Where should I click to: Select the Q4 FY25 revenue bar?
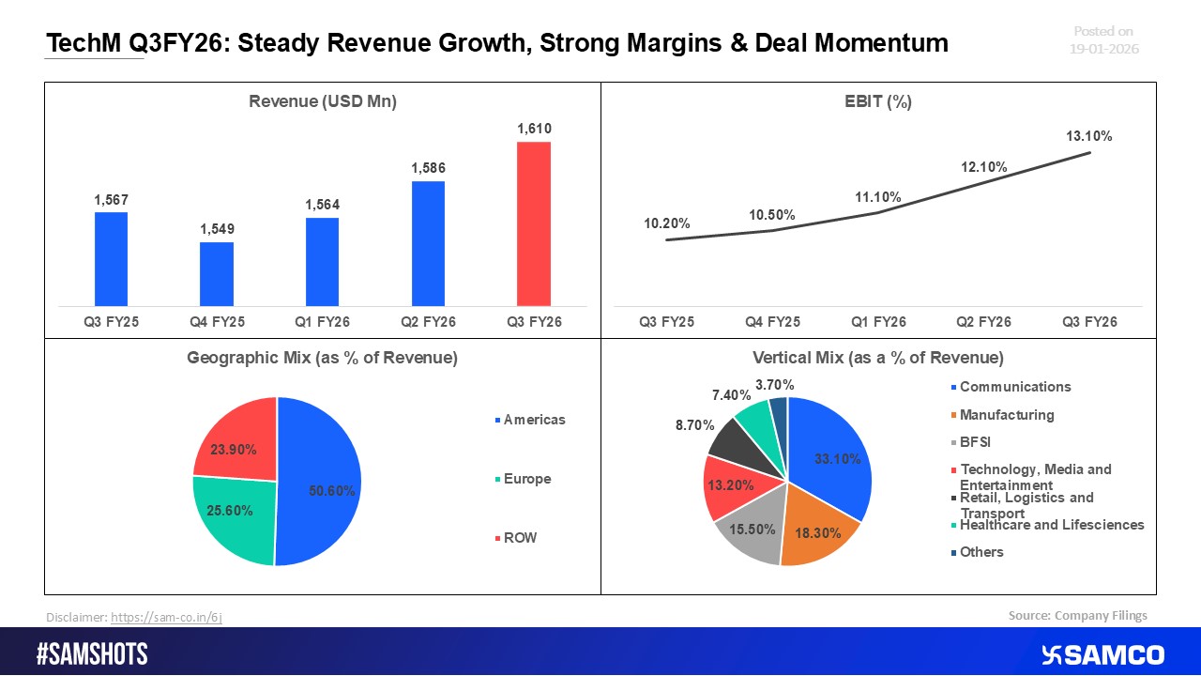217,273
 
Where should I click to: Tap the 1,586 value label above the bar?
428,168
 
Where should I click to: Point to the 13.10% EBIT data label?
1089,136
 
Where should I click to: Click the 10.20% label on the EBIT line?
667,223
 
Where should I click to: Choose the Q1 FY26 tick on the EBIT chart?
878,322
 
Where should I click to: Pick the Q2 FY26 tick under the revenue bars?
428,322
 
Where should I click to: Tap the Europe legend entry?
525,479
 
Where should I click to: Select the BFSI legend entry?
976,442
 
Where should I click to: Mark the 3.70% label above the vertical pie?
775,384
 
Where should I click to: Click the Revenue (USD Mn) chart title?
323,102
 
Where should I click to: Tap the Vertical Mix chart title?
878,358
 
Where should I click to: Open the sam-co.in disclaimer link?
166,617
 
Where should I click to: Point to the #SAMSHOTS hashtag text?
92,654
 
